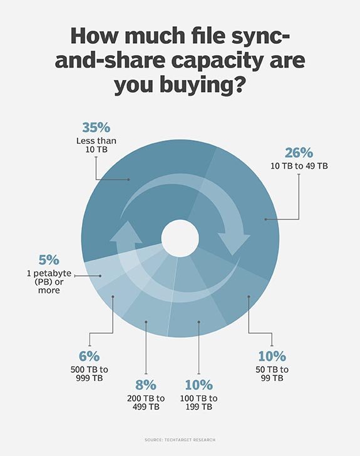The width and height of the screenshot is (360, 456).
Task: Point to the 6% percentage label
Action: tap(90, 357)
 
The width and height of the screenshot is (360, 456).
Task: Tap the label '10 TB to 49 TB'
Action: tap(299, 166)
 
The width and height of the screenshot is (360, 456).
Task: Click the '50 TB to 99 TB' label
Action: tap(272, 373)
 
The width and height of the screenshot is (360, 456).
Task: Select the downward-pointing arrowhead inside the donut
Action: tap(230, 243)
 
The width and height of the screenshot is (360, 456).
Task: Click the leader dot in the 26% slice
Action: tap(265, 220)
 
